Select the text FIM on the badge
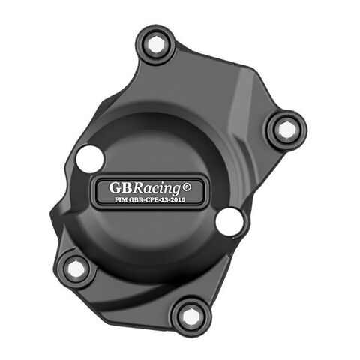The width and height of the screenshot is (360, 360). coord(120,199)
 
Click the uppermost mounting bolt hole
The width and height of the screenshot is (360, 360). coord(156,44)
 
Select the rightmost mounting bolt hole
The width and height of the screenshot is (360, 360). coord(286,129)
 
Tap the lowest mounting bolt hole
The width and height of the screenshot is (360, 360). coord(191,316)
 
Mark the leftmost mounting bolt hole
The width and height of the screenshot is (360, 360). coord(76,268)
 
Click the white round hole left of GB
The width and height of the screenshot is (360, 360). coord(89,159)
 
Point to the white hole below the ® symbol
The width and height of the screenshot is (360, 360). coord(229,221)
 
